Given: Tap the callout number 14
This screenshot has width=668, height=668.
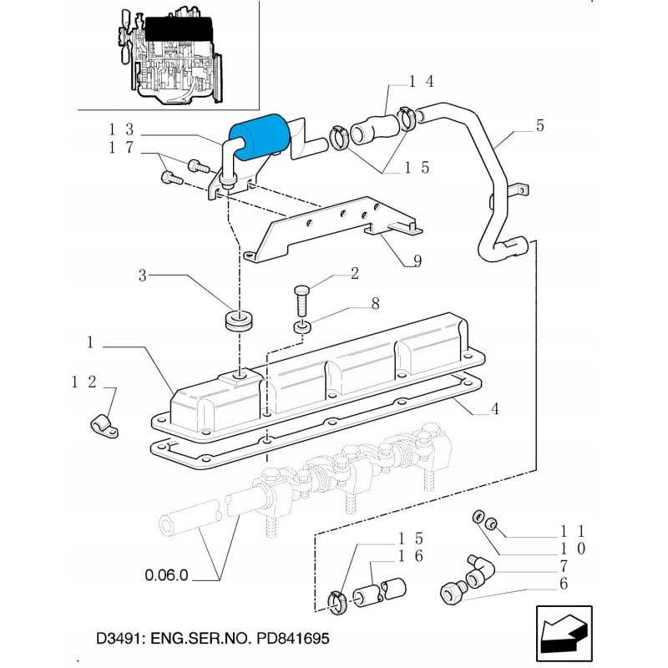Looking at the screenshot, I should (422, 82).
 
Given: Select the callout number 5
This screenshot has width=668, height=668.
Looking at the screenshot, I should (539, 126).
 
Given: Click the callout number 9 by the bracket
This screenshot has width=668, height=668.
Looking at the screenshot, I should (416, 261).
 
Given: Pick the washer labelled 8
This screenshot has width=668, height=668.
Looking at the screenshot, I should (302, 326).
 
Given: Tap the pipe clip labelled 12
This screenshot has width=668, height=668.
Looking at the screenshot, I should (102, 426).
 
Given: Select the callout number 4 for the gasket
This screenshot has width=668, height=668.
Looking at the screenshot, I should (495, 409).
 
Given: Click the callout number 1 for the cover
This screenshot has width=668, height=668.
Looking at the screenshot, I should (89, 342).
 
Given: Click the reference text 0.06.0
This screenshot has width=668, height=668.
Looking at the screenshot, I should (167, 575).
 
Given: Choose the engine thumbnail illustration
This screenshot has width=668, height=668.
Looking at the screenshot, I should (168, 54).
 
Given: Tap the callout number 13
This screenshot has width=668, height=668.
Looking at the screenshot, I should (121, 129).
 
